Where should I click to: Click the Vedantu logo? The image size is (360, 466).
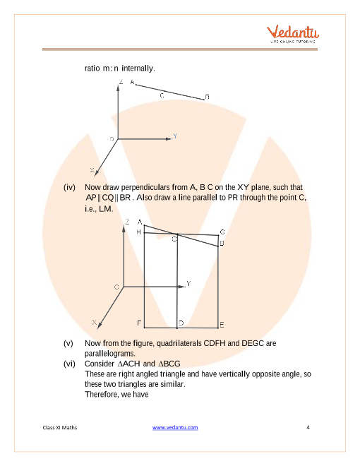click(x=292, y=34)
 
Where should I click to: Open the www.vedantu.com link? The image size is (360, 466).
click(x=175, y=427)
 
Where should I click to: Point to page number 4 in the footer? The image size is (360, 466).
click(x=308, y=427)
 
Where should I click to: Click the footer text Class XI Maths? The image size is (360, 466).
click(x=60, y=427)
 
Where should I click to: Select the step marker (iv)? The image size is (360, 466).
click(x=69, y=187)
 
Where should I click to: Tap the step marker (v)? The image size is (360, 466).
click(x=68, y=343)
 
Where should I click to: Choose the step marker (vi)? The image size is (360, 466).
click(x=69, y=364)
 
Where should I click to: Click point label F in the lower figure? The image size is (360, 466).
click(x=139, y=323)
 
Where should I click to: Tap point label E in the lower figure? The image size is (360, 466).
click(x=222, y=325)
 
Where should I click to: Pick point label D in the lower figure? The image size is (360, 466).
click(x=181, y=323)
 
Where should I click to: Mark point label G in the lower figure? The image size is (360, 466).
click(x=222, y=232)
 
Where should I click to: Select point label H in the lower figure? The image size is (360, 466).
click(x=138, y=232)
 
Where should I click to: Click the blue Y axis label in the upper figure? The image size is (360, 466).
click(x=175, y=136)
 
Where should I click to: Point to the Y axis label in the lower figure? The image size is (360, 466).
click(x=188, y=283)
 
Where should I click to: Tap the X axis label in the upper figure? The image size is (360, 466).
click(x=92, y=170)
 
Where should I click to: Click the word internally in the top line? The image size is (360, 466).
click(x=138, y=68)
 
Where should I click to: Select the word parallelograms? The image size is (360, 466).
click(x=110, y=354)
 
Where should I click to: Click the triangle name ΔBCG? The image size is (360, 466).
click(x=169, y=364)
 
